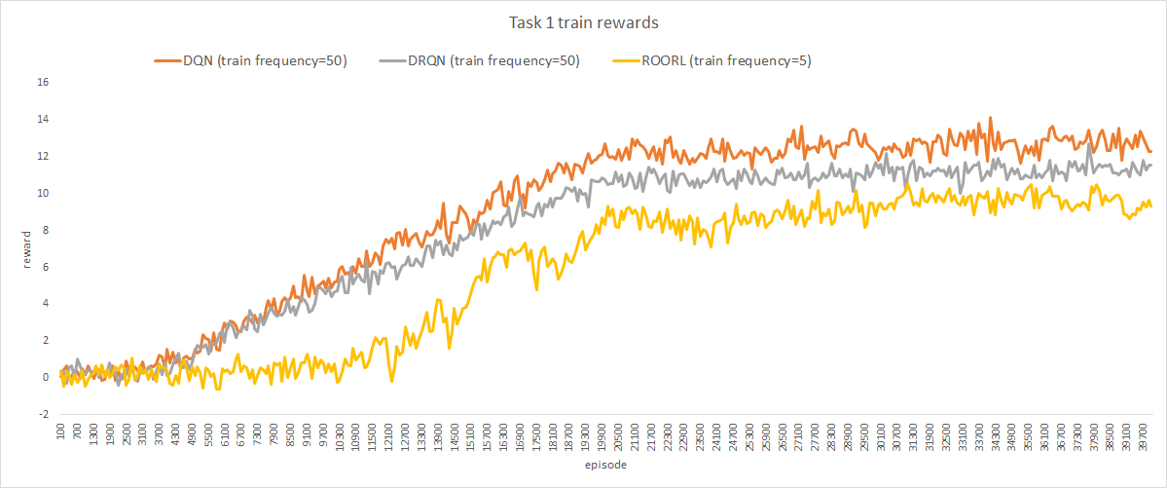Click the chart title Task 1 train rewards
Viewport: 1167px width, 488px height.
[x=583, y=23]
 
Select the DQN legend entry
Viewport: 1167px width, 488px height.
[x=250, y=61]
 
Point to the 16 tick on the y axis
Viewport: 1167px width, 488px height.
[x=43, y=82]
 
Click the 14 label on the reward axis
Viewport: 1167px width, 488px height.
[x=43, y=119]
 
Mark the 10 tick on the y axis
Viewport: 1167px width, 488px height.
[x=43, y=193]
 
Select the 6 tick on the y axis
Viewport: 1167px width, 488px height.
[x=46, y=267]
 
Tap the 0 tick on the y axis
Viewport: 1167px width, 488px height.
[x=46, y=377]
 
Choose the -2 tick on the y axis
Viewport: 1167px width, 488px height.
[x=44, y=414]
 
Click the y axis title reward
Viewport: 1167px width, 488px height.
[x=27, y=248]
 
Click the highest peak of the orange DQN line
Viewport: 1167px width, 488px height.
[x=990, y=117]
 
